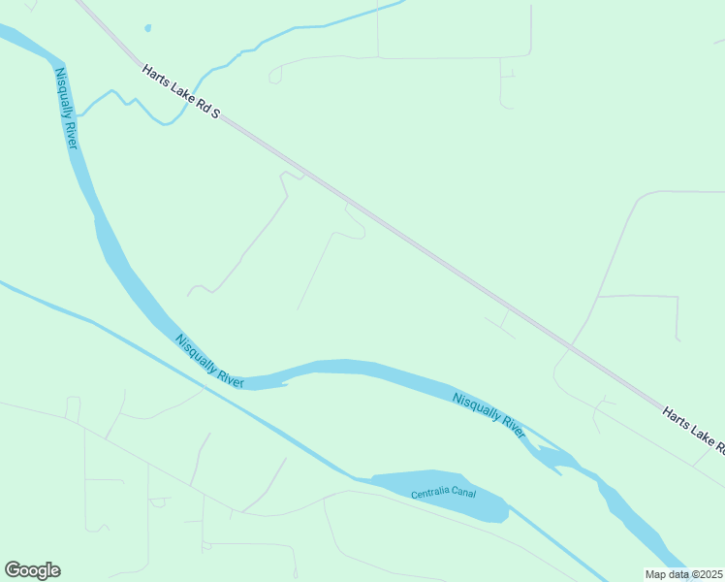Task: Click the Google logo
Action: click(32, 570)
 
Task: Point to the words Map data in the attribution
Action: click(667, 574)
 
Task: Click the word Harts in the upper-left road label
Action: click(155, 76)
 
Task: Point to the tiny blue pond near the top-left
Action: click(147, 28)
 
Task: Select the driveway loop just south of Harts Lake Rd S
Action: click(351, 223)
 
